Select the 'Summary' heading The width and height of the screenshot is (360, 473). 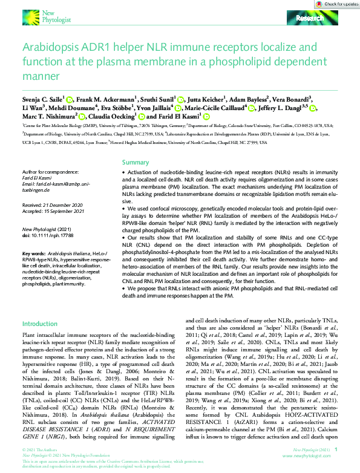coord(135,163)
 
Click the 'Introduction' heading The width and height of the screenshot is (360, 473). coord(39,324)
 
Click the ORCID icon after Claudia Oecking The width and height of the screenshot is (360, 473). coord(142,117)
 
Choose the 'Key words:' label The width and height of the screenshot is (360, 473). coord(33,252)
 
